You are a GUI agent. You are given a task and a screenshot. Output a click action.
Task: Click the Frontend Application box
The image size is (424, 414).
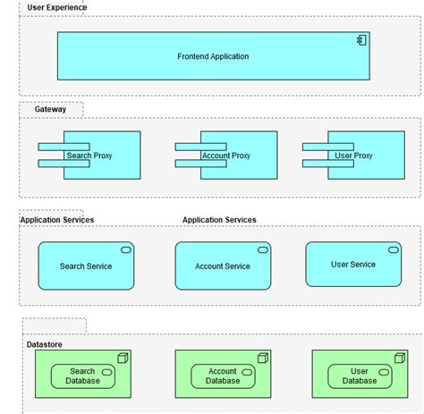click(213, 56)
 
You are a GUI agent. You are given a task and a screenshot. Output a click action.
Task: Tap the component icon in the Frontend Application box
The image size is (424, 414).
click(362, 40)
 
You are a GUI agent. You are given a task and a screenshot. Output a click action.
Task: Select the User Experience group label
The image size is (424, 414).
click(57, 7)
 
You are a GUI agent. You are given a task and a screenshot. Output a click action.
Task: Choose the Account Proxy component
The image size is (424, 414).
click(225, 155)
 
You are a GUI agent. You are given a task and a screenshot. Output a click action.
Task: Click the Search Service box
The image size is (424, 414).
click(85, 266)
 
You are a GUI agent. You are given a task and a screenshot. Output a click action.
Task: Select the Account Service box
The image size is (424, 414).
click(223, 266)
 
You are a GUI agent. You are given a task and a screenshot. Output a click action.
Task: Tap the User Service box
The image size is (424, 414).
click(352, 264)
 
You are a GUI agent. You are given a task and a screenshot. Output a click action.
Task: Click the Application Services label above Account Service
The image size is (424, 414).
click(219, 219)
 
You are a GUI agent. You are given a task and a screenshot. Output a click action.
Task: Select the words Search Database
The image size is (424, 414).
click(82, 376)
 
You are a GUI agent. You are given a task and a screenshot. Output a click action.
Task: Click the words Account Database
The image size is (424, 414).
click(222, 376)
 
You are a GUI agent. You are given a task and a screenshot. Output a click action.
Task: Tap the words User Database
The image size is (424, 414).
click(360, 376)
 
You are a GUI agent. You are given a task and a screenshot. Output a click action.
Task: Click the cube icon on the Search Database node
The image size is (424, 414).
click(124, 357)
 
